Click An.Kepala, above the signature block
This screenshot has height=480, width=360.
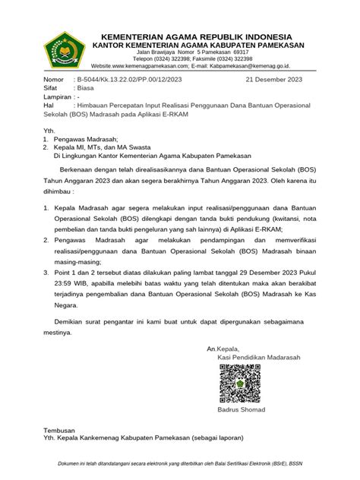click(224, 349)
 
